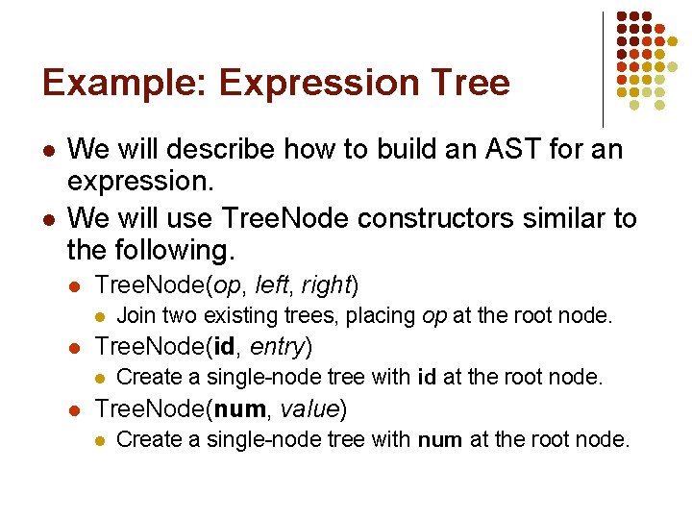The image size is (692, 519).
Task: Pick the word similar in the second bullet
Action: [x=542, y=218]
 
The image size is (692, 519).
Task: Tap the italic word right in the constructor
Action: [x=327, y=284]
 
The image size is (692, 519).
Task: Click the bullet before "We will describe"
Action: [x=48, y=151]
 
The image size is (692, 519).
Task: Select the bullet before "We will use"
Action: [x=48, y=219]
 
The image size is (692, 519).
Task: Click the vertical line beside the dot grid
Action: [x=603, y=67]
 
